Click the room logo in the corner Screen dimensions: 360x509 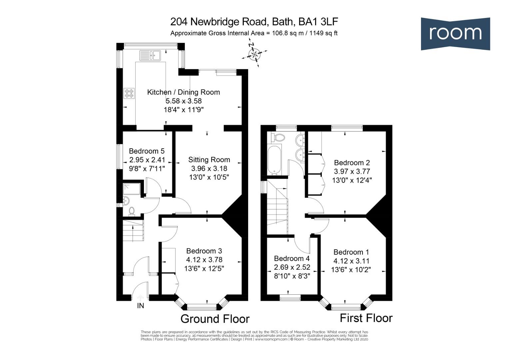455,33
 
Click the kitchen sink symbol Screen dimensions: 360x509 150,55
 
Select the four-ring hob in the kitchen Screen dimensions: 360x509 129,93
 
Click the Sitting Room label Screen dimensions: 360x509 209,160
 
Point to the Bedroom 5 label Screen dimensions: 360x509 147,151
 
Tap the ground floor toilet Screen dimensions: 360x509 132,211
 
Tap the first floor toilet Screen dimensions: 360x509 278,137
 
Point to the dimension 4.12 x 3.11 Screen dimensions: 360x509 351,261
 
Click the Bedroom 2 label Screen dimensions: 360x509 352,163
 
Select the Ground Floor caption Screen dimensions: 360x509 215,319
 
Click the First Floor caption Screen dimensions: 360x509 366,318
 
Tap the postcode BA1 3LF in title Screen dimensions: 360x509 318,22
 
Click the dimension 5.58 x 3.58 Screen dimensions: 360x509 184,101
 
